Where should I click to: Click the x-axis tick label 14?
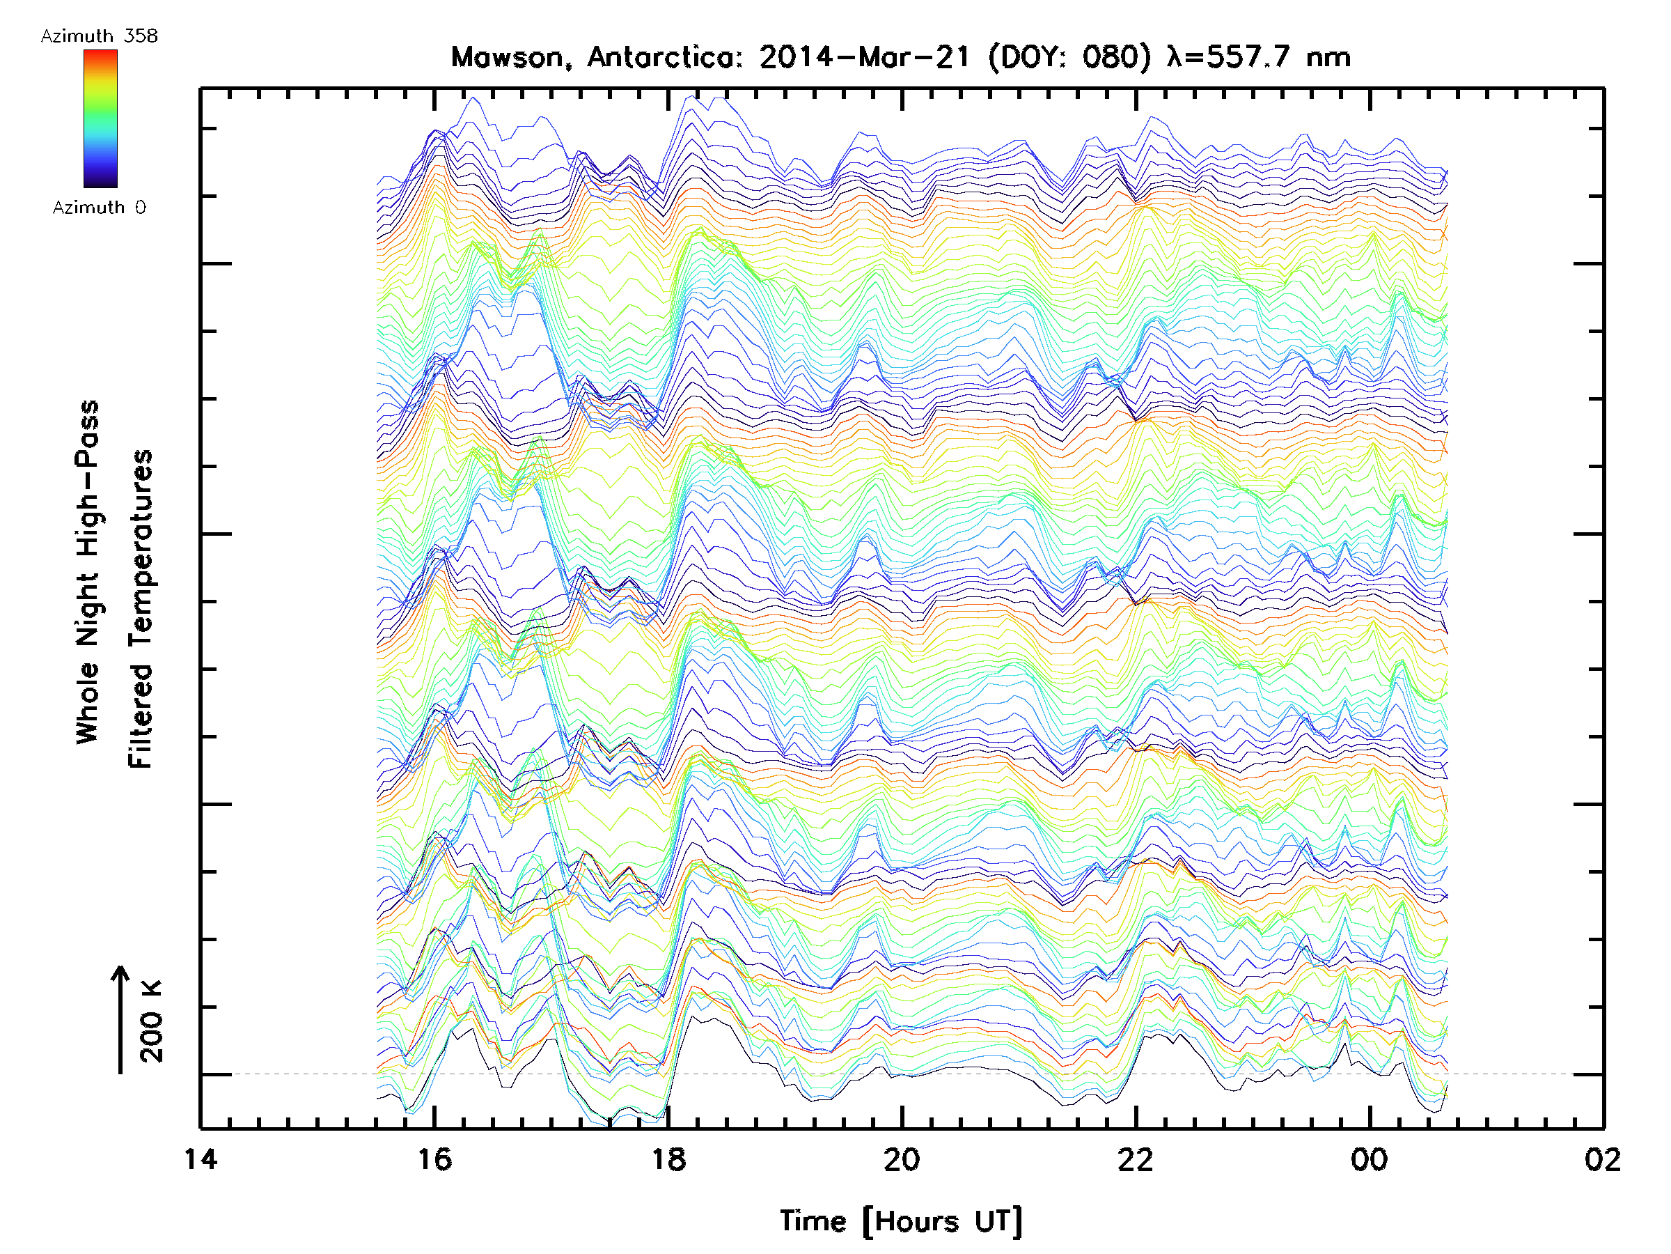(201, 1159)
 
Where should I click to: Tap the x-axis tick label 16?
(434, 1159)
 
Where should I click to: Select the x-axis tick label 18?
(668, 1159)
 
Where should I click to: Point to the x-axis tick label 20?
(902, 1159)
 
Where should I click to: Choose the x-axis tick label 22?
(1136, 1159)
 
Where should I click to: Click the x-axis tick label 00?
(1369, 1159)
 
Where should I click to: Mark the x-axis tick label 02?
(1602, 1159)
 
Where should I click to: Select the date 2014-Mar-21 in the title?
(864, 57)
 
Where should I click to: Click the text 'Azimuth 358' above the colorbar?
(99, 36)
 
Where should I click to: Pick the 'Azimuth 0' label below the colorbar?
(99, 207)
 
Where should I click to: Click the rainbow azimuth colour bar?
(100, 118)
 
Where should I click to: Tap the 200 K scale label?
(152, 1021)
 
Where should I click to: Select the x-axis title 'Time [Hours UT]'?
(901, 1221)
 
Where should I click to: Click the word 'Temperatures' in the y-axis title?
(141, 608)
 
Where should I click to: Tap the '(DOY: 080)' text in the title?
(1069, 57)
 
